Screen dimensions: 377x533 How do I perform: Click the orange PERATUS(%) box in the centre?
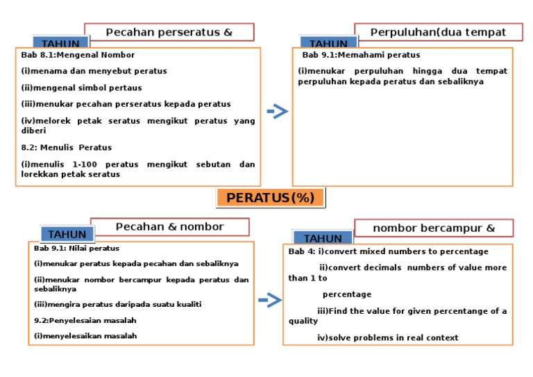coord(271,198)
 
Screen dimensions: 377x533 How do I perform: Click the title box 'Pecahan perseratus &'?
coord(169,32)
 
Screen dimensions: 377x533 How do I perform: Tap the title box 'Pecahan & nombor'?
coord(169,227)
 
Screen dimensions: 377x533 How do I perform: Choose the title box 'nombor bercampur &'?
coord(434,228)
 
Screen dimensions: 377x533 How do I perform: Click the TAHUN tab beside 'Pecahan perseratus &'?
coord(60,44)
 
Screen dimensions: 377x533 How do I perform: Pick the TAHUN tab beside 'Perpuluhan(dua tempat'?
coord(328,44)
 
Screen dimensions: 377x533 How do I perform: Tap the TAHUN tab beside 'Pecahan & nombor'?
coord(67,234)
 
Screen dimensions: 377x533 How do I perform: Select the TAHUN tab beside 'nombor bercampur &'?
coord(323,238)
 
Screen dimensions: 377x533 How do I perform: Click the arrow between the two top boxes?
coord(277,111)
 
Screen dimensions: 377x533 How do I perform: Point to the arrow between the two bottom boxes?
coord(269,300)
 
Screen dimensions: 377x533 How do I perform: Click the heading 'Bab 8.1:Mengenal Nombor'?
coord(78,55)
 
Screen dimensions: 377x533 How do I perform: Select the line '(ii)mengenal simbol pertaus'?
coord(81,88)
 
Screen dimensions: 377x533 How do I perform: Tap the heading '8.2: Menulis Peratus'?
coord(66,147)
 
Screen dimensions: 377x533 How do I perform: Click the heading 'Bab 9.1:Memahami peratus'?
coord(361,55)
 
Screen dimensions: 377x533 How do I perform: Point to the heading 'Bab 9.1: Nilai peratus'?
coord(76,248)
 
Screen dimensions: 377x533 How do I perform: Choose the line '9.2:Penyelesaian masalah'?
coord(85,320)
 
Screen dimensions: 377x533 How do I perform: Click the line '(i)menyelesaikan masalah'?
coord(85,335)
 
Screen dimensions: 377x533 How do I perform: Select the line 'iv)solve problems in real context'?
coord(387,337)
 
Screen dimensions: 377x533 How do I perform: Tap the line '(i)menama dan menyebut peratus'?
coord(94,71)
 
